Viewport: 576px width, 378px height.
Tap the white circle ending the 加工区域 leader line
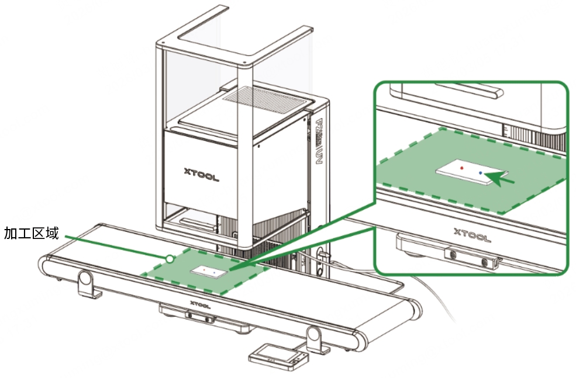coord(170,258)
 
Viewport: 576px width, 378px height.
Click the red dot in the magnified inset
coord(461,168)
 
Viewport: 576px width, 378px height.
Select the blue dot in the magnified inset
coord(481,173)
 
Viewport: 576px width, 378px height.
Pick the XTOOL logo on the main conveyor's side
coord(201,304)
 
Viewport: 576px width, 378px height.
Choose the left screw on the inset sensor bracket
coord(452,254)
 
